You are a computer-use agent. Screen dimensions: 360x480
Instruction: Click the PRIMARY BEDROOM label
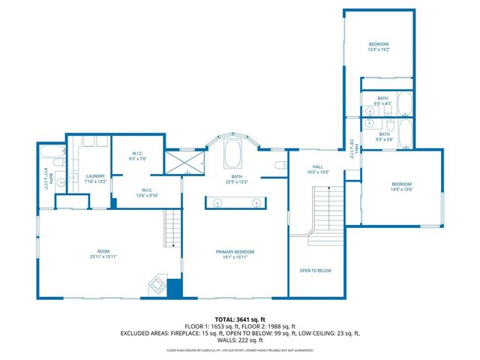(235, 254)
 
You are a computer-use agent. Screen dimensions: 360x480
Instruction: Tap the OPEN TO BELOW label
(315, 271)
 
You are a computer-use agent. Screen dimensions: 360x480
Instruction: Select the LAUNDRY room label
(94, 178)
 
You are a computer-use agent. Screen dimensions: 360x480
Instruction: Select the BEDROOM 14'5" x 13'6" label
(401, 187)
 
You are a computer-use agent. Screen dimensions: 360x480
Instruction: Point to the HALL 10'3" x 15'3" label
(317, 169)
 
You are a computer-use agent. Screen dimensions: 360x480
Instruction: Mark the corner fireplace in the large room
(157, 285)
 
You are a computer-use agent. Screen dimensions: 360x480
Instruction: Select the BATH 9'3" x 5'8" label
(383, 136)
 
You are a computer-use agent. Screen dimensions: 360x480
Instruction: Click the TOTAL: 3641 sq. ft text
(239, 320)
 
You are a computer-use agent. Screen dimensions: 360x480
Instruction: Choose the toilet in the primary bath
(279, 166)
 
